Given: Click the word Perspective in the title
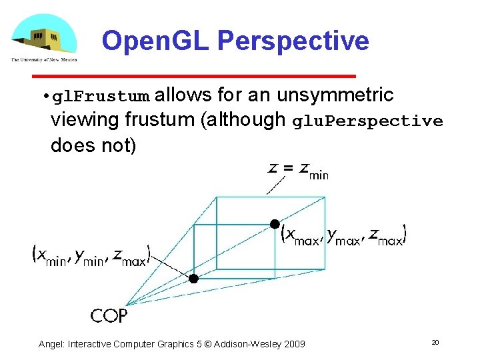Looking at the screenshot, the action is point(293,41).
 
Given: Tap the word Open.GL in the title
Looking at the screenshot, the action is point(156,41).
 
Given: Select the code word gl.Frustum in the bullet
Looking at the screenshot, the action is point(101,97).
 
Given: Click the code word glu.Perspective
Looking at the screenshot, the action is point(368,121).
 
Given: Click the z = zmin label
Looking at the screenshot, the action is point(298,169).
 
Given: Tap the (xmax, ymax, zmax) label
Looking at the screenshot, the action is point(343,235).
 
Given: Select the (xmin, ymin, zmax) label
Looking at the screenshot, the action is point(92,255).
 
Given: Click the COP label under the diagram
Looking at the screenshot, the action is point(109,315).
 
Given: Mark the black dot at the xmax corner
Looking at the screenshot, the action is point(273,223).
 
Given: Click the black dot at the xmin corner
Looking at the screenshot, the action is point(193,279).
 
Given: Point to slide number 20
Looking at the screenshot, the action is point(435,343).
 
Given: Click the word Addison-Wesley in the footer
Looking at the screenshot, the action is point(249,344).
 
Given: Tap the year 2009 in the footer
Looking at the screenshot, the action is point(294,344).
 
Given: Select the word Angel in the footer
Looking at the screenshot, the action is point(51,344).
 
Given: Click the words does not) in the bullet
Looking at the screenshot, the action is point(93,145).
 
